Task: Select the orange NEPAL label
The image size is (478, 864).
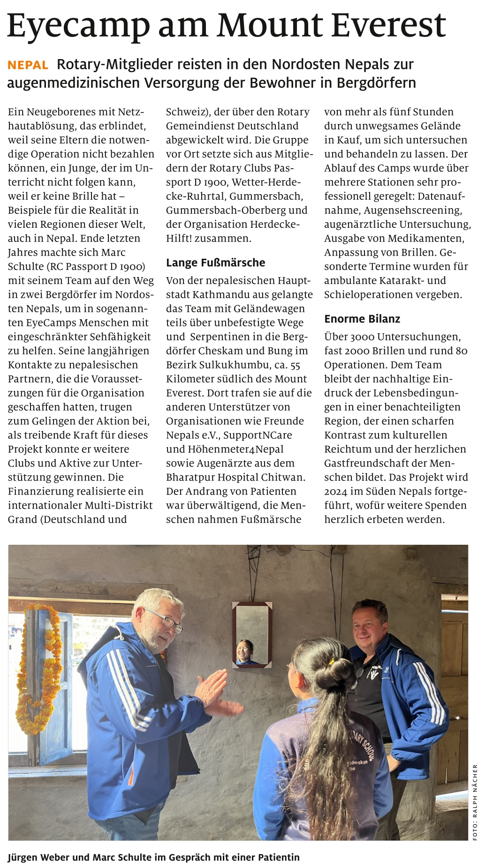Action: tap(28, 65)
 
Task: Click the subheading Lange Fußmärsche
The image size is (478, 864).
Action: tap(215, 263)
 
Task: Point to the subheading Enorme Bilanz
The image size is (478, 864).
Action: tap(362, 319)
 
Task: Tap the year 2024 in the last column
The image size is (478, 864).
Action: tap(336, 491)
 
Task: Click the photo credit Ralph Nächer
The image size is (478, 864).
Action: tap(475, 802)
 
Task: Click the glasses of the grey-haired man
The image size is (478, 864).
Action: tap(165, 620)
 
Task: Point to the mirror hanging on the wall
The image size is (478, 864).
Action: tap(252, 634)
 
